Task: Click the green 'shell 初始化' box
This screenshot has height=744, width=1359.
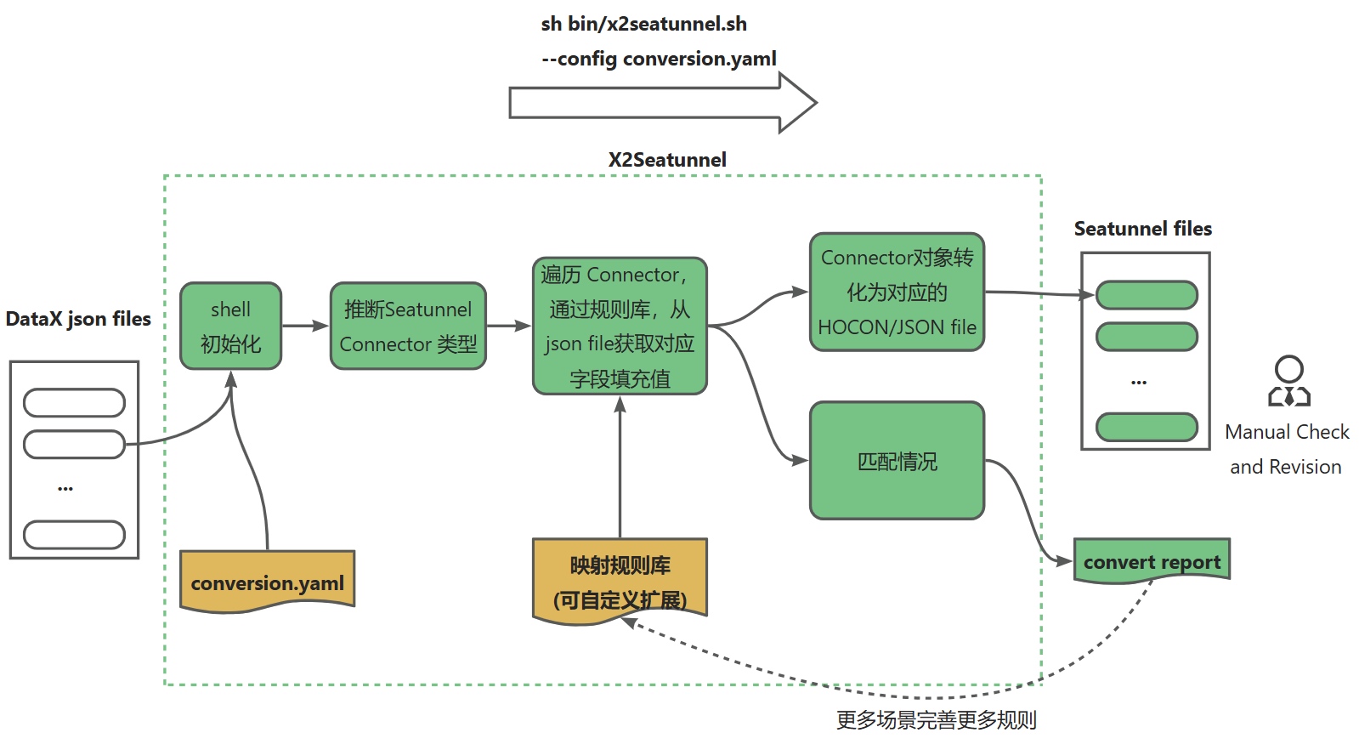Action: pos(230,327)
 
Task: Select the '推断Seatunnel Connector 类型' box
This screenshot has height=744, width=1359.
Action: pos(408,327)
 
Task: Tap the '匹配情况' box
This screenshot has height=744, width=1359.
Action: pos(897,461)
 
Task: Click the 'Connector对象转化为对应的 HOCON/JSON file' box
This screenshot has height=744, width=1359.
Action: pos(897,292)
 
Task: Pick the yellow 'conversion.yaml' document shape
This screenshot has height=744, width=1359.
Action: pos(267,581)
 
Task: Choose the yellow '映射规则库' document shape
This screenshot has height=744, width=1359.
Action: pos(620,581)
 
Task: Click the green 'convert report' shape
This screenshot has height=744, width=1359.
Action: pos(1152,561)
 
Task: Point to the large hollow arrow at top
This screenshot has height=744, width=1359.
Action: pos(663,103)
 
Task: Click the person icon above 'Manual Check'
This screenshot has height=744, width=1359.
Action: pos(1289,381)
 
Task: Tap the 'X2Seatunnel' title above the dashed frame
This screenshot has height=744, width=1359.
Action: pos(667,160)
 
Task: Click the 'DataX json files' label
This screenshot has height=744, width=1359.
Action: pos(78,319)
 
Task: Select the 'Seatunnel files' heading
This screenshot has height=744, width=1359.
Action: pos(1142,229)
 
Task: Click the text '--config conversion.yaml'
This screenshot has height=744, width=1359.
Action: pos(659,59)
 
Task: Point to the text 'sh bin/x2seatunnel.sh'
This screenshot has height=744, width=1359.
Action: pos(643,24)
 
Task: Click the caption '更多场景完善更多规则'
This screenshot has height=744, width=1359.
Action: pos(936,720)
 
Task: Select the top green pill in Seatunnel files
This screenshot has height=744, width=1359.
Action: pos(1147,295)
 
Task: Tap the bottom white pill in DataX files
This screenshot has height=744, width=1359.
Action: pos(74,535)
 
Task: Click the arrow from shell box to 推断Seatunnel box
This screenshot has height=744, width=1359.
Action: pos(305,326)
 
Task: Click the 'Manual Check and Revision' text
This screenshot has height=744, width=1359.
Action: pos(1287,449)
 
